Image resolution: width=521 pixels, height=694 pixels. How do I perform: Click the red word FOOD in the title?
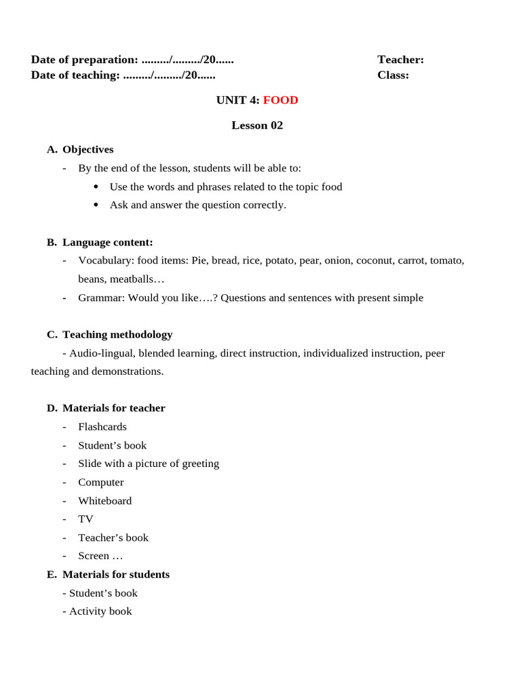click(280, 100)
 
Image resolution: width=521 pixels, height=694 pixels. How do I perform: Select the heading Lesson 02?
click(257, 125)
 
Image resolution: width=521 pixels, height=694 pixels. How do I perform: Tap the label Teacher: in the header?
click(400, 60)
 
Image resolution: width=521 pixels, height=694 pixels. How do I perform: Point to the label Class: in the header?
click(393, 75)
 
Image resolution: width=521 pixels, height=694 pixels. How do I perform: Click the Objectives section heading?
click(88, 150)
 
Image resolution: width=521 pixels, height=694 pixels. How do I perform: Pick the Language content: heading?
click(107, 243)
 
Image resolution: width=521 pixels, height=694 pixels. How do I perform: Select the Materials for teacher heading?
click(113, 409)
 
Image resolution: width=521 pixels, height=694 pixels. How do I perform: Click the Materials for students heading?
click(115, 575)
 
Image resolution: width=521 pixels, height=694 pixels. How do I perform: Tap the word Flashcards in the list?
click(102, 427)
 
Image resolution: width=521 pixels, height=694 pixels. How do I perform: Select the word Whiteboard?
click(104, 501)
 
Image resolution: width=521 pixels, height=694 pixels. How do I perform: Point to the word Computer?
click(100, 483)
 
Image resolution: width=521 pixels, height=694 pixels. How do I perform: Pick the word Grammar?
click(102, 298)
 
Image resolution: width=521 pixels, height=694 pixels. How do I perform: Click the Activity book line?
click(100, 611)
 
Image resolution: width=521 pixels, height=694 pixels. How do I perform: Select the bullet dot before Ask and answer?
click(96, 205)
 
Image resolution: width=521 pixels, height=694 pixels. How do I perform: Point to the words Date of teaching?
click(75, 75)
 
